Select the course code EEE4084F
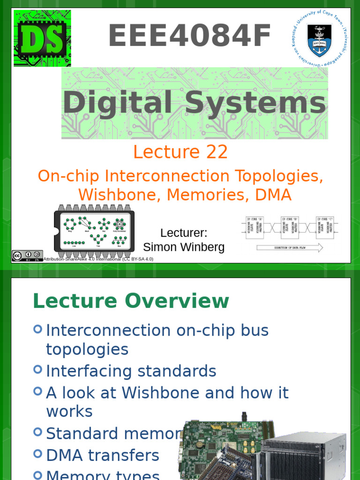190,37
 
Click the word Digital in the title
117,103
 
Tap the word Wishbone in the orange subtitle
119,195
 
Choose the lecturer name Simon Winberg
184,247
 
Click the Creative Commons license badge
27,256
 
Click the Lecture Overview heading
131,301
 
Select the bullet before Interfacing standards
38,369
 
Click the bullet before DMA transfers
38,453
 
